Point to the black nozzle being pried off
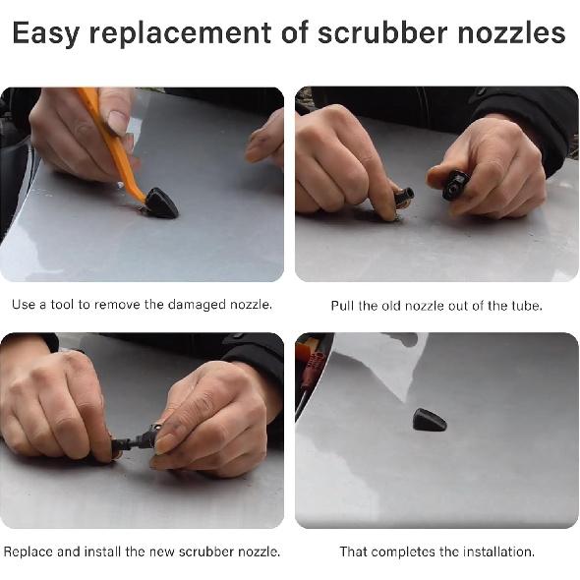pos(160,203)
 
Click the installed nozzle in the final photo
pos(429,420)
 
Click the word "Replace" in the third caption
pos(29,551)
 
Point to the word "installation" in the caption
pos(495,551)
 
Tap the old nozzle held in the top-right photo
pos(455,184)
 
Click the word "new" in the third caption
pos(162,551)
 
